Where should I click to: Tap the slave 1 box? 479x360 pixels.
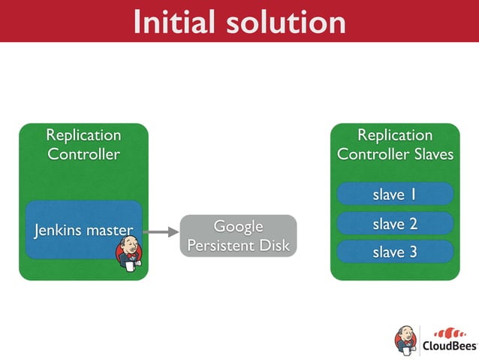394,195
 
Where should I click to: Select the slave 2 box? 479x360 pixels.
394,224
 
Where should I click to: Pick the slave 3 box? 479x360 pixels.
394,252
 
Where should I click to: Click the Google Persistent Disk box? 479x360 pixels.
238,236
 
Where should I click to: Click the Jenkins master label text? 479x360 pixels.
83,230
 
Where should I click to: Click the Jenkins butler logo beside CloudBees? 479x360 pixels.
405,340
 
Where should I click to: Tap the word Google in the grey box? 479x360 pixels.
238,226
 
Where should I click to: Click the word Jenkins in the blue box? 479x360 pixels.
59,230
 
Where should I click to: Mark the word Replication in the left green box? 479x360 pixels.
83,135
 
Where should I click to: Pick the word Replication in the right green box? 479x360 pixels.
395,135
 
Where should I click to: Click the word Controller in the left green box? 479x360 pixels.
83,154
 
